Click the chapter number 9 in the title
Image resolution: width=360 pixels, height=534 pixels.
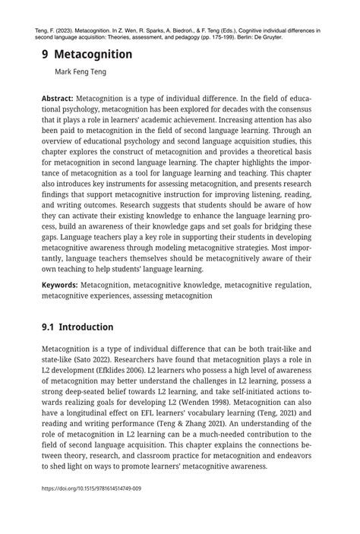pyautogui.click(x=46, y=55)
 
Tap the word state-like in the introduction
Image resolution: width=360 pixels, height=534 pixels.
pyautogui.click(x=58, y=359)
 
